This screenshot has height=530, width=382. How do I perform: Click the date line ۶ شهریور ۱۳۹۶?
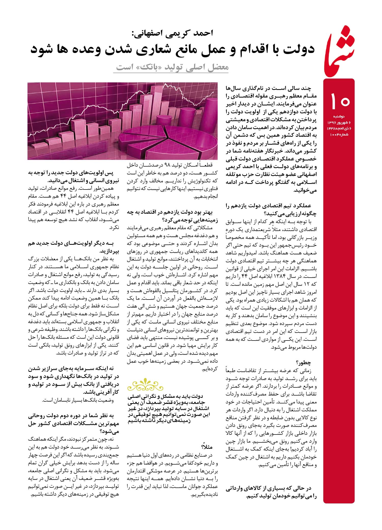pos(338,122)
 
